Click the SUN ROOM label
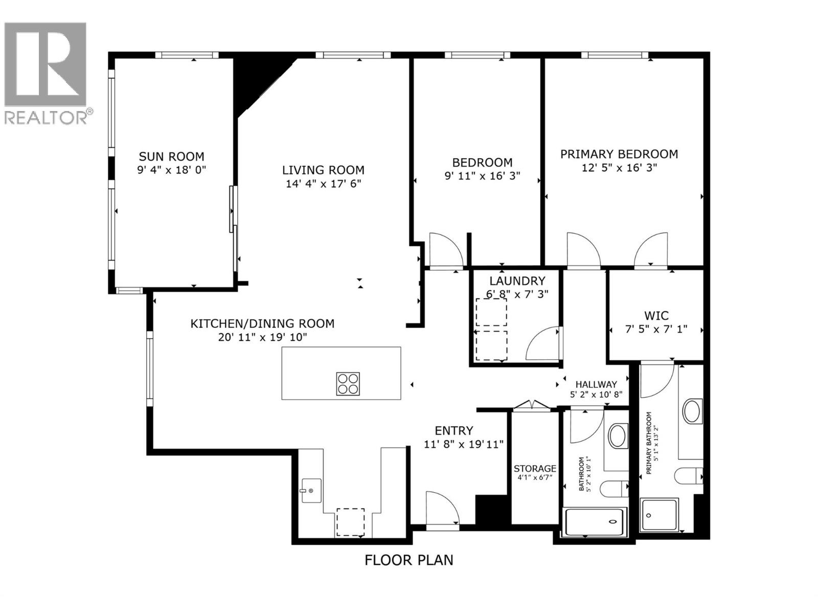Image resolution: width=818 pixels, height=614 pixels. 171,157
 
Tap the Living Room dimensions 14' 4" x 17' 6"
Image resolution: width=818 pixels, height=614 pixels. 323,184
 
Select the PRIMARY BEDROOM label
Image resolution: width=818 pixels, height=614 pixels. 619,154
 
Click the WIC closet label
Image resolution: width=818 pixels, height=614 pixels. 656,316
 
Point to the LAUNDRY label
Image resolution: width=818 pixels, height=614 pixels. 517,281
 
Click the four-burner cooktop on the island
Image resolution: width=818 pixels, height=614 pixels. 348,384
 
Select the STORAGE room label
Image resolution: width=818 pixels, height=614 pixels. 535,469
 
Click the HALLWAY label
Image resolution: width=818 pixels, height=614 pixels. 596,384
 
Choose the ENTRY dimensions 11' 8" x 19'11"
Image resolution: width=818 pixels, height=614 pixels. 464,445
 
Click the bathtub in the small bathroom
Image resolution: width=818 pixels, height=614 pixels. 594,522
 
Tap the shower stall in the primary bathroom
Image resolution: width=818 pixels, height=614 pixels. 659,515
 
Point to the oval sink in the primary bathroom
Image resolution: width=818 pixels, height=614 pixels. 692,411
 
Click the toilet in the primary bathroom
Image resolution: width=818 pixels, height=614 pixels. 688,476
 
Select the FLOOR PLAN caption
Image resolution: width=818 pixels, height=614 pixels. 408,560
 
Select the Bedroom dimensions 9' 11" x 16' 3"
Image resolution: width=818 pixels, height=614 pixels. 482,176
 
